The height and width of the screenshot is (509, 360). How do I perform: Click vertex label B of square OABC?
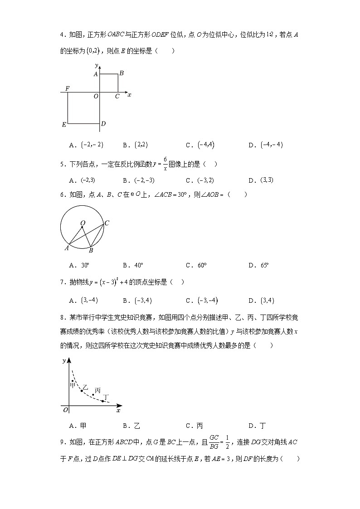[x=122, y=73]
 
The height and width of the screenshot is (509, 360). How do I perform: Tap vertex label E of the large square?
[x=64, y=124]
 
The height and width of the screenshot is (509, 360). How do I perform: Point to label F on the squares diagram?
[x=67, y=88]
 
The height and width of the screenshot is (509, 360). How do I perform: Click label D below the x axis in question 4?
[x=103, y=124]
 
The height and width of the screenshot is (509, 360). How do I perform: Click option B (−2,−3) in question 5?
[x=144, y=180]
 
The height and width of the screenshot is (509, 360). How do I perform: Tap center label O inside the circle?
[x=83, y=223]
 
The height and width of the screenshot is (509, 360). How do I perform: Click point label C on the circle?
[x=107, y=223]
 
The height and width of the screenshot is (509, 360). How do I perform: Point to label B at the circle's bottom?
[x=91, y=250]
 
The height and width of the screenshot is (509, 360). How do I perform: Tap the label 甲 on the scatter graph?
[x=72, y=385]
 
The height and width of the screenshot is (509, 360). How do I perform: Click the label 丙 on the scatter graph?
[x=97, y=390]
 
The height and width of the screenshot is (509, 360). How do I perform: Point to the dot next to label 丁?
[x=103, y=401]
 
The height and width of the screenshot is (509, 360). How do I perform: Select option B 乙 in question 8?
[x=137, y=426]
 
